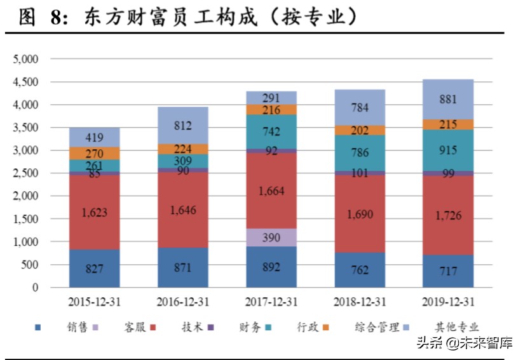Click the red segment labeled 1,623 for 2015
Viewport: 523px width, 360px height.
(x=95, y=211)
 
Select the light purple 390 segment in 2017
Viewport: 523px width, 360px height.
(x=271, y=237)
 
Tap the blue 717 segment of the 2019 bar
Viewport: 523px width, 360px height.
(x=448, y=271)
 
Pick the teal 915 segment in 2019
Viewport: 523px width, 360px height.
(x=448, y=150)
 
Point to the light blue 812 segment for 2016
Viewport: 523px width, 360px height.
(x=183, y=125)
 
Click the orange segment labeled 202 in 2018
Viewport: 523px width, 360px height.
(x=360, y=130)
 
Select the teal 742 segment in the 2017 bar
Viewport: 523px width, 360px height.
(x=271, y=132)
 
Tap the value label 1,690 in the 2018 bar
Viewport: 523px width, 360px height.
(x=360, y=214)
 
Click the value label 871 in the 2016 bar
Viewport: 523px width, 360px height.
(x=183, y=267)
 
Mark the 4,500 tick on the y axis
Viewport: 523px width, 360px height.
(x=26, y=82)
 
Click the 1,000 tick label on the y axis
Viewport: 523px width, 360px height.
(x=26, y=242)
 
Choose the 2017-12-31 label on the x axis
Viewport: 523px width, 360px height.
(x=271, y=301)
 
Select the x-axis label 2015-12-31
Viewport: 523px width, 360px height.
(x=95, y=301)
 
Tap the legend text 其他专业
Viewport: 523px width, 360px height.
(x=458, y=328)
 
